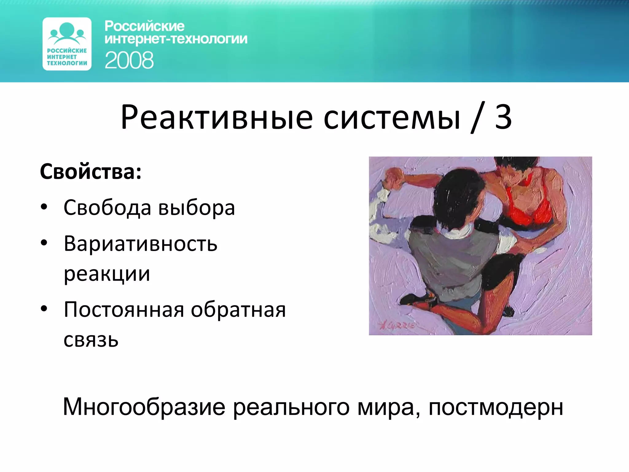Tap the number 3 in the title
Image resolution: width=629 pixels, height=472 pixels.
coord(503,117)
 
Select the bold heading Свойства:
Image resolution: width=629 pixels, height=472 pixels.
coord(91,171)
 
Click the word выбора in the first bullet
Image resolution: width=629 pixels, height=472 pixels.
coord(197,208)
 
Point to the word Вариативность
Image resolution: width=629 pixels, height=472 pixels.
coord(140,244)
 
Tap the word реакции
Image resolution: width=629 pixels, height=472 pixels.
coord(107,273)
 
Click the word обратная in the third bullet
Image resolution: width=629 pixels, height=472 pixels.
coord(238,309)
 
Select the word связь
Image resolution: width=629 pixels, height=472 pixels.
coord(91,340)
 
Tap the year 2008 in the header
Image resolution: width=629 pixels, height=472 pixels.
coord(129,60)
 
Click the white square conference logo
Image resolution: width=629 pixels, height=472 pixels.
coord(67,44)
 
